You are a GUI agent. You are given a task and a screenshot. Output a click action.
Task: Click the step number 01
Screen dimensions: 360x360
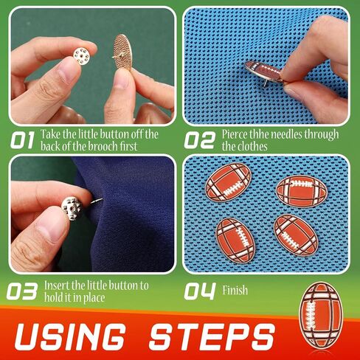click(22, 140)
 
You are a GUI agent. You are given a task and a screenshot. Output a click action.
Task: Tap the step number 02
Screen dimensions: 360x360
click(200, 140)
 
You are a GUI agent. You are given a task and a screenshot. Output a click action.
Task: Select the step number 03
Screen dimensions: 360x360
click(22, 291)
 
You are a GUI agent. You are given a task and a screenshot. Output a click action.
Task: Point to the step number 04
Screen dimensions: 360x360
click(200, 291)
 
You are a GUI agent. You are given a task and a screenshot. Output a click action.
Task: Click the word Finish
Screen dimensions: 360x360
click(235, 290)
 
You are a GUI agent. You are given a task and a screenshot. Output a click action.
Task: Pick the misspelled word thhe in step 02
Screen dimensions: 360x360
click(258, 134)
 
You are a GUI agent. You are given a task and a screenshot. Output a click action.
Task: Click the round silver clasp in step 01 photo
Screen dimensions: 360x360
click(82, 56)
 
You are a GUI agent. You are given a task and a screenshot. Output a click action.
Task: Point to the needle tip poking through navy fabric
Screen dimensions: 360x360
click(101, 199)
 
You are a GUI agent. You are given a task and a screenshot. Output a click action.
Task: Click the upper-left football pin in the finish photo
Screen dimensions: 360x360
click(228, 182)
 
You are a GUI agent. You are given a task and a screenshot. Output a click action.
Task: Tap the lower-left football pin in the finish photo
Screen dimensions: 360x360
click(236, 240)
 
